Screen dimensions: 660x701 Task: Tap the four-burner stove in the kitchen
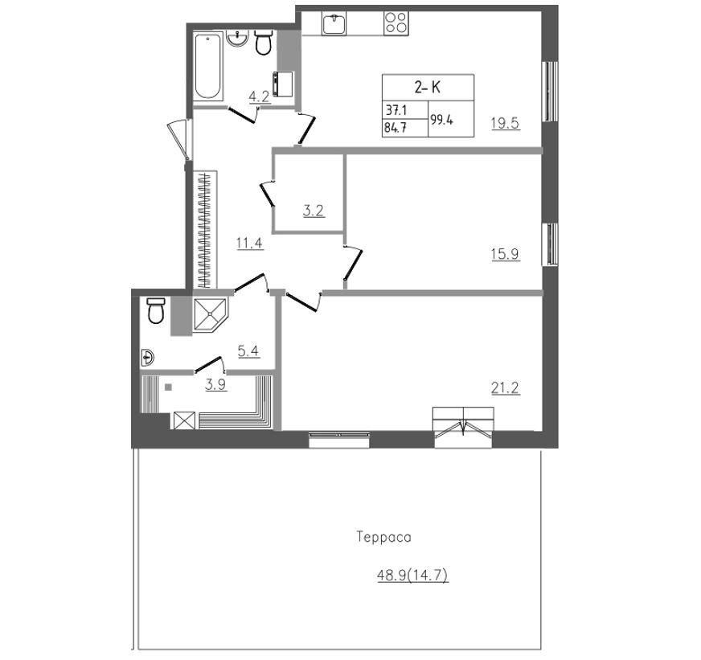tap(395, 22)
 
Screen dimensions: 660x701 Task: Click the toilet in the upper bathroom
tap(263, 43)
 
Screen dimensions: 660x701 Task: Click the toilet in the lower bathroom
tap(156, 310)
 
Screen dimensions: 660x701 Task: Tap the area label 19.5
tap(506, 124)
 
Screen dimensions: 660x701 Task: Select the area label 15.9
tap(506, 254)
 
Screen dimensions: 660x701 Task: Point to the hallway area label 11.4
tap(250, 242)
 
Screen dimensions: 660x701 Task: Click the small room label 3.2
tap(314, 212)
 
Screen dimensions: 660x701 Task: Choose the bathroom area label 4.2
tap(259, 97)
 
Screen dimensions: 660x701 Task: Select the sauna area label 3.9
tap(215, 384)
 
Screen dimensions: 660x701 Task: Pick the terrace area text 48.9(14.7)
tap(412, 575)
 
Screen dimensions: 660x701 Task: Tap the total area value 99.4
tap(441, 119)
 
